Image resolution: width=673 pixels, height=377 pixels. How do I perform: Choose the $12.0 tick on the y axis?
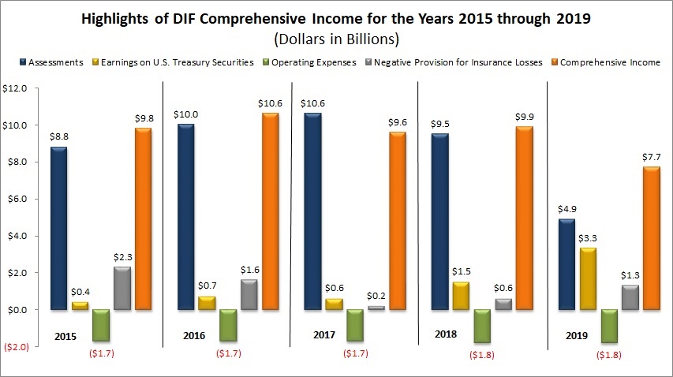coord(16,89)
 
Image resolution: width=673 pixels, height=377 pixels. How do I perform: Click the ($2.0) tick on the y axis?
coord(15,347)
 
